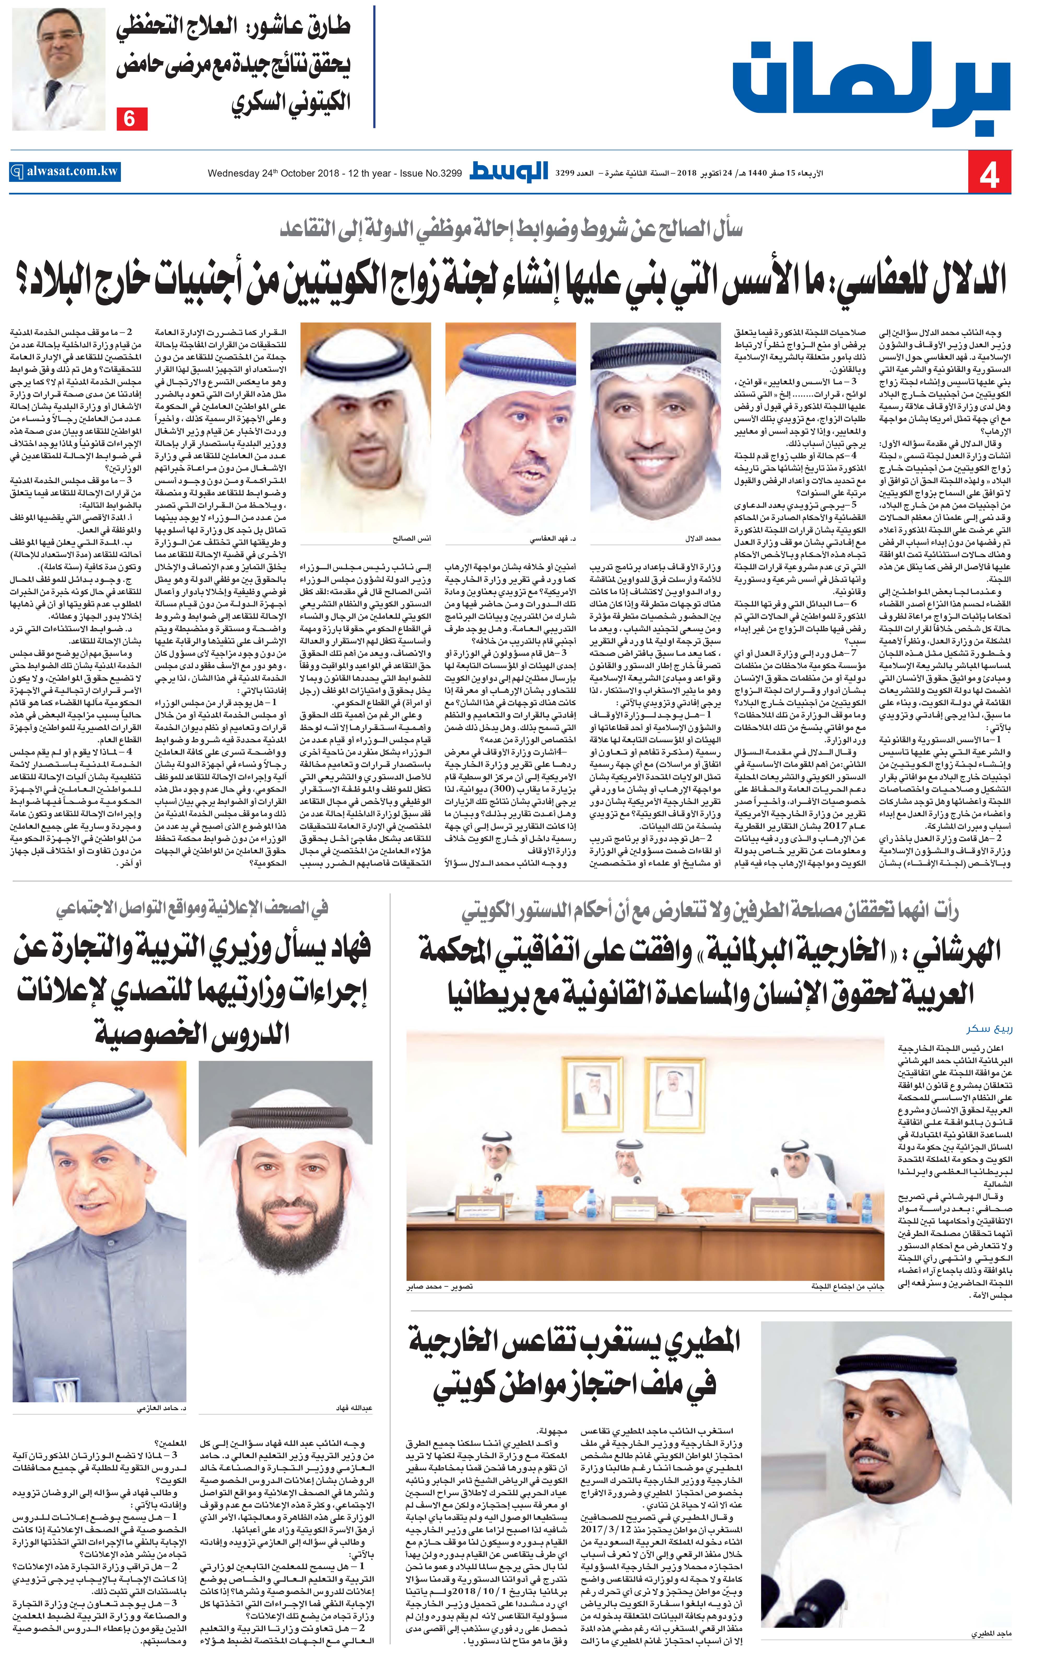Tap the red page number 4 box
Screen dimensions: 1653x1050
coord(989,174)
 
